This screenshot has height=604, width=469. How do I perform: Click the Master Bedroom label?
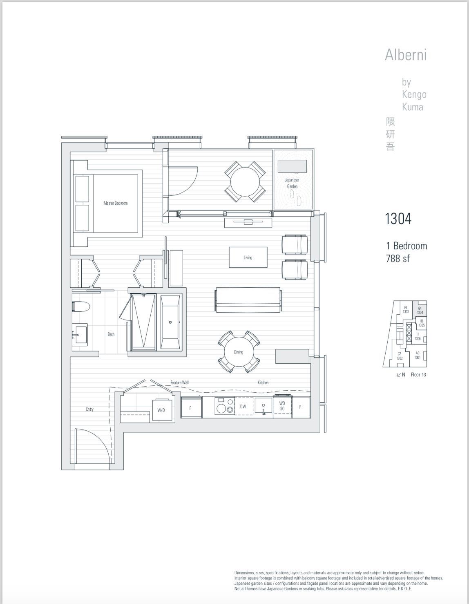click(115, 203)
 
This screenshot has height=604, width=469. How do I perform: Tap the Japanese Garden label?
click(292, 183)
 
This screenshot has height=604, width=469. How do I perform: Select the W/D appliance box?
click(161, 410)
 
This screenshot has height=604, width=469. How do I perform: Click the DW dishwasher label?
click(243, 407)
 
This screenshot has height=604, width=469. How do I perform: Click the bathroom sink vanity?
click(80, 334)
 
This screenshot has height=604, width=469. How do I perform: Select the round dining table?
click(239, 352)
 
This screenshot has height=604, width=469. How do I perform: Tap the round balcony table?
click(245, 181)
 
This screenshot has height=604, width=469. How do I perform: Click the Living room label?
click(248, 257)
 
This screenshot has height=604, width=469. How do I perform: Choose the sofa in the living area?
click(248, 300)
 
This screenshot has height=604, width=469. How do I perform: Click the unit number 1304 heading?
click(398, 219)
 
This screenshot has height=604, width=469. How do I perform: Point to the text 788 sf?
click(398, 258)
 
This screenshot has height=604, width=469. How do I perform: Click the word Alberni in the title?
click(406, 55)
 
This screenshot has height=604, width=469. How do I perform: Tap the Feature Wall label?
click(180, 383)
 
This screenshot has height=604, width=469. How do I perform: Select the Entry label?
click(90, 409)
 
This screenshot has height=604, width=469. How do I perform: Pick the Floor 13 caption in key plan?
click(418, 374)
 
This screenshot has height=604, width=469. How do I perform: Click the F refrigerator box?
click(191, 408)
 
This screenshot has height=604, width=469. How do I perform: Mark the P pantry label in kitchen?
click(300, 407)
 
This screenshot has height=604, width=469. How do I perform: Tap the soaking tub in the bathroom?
click(170, 322)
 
